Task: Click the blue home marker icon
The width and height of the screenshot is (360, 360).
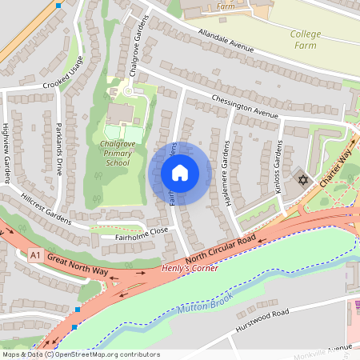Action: tap(180, 173)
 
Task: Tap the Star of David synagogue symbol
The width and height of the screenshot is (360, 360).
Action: tap(302, 179)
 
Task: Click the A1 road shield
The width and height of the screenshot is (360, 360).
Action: tap(34, 255)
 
